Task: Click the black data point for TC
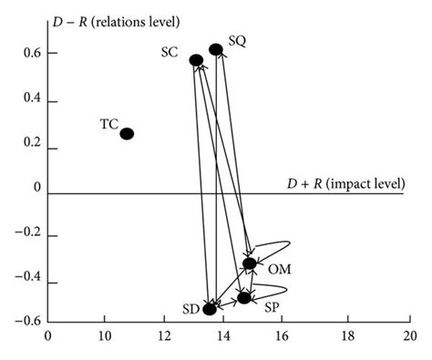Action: (127, 134)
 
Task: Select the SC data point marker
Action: (196, 60)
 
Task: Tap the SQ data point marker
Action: (216, 49)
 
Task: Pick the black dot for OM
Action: (250, 263)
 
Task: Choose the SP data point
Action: (244, 297)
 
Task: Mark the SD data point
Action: (210, 309)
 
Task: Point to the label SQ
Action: (237, 41)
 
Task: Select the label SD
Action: (190, 311)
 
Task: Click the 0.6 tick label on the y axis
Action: (33, 54)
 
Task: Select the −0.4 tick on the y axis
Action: (30, 282)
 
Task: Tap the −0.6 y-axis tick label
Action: (30, 320)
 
